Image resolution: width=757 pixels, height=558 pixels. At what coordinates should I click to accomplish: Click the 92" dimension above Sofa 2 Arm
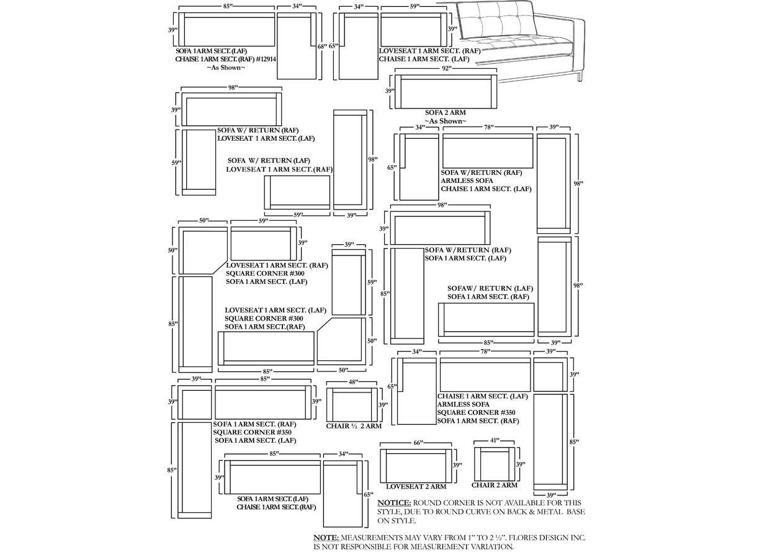(446, 69)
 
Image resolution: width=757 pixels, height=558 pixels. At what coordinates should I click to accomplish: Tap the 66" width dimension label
(418, 443)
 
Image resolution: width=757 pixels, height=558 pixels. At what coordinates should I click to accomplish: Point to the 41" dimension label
(494, 441)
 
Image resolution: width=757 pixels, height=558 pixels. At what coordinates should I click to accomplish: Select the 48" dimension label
(353, 383)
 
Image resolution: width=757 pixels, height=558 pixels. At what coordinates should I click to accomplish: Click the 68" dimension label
(321, 46)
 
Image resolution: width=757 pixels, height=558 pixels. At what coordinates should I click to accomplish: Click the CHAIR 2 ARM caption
(494, 485)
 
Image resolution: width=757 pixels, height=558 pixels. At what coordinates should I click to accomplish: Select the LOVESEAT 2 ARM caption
(416, 487)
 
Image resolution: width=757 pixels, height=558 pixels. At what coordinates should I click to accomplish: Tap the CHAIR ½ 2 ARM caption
(354, 427)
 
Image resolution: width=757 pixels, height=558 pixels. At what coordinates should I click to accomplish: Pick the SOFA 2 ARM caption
(445, 113)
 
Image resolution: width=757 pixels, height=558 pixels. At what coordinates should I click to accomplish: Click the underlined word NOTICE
(394, 503)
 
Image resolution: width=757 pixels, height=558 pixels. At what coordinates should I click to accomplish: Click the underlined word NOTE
(326, 538)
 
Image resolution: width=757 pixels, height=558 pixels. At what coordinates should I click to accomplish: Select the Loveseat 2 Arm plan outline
(416, 465)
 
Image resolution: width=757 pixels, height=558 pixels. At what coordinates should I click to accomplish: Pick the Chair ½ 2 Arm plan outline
(353, 404)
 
